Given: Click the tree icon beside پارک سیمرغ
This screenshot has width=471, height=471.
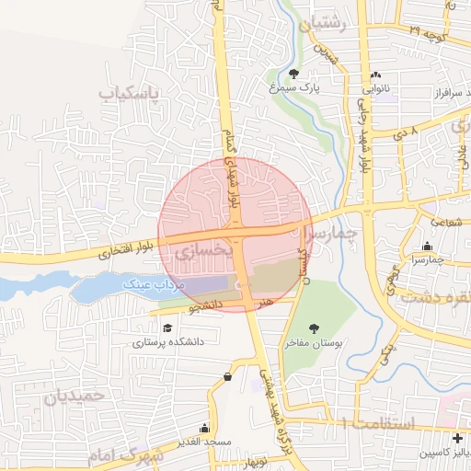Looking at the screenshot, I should (293, 74).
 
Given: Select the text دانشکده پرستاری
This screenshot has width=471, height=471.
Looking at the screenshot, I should (167, 343).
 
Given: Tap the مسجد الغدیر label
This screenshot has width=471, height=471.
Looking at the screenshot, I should (204, 443).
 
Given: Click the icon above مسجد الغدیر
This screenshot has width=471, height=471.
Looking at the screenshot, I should (204, 429).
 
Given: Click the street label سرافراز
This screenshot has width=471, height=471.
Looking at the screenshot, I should (443, 95).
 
